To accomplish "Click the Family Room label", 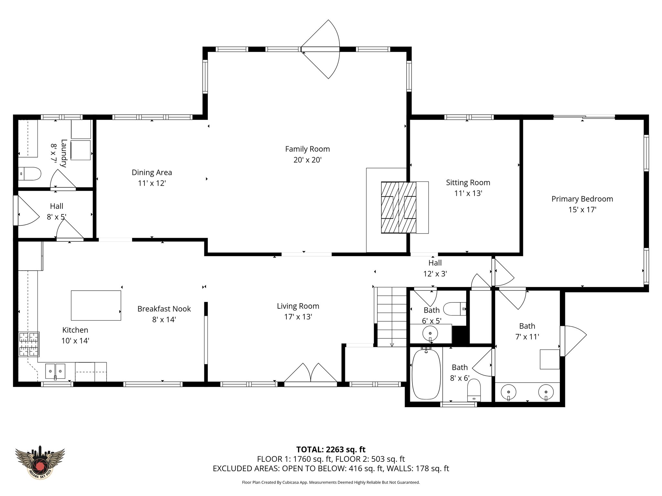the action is (307, 149).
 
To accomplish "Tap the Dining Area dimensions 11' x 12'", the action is (152, 183).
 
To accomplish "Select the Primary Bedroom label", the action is (582, 199).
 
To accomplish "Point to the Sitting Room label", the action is (468, 183).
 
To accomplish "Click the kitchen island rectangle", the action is (96, 305).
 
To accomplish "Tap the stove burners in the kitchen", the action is (29, 344).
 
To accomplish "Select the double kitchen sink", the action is (55, 371).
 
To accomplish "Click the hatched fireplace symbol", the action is (399, 207).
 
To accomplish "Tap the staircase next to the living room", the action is (392, 317).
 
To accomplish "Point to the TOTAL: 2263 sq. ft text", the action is (331, 449).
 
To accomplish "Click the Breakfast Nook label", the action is (164, 309).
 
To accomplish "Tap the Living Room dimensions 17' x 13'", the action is (298, 317).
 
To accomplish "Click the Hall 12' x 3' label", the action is (435, 268).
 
